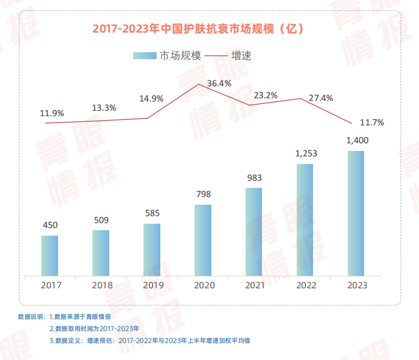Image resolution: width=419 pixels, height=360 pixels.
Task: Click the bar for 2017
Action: tap(49, 256)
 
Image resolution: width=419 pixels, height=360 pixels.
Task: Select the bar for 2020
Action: tap(203, 240)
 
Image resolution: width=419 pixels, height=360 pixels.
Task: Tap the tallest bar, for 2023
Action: tap(356, 213)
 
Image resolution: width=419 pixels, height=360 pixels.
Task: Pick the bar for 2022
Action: tap(305, 220)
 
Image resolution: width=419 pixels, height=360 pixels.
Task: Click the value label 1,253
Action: tap(306, 154)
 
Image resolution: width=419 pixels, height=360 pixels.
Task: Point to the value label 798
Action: tap(203, 194)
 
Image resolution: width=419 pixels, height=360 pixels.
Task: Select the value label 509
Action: tap(101, 220)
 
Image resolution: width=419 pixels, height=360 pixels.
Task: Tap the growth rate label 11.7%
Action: tap(372, 123)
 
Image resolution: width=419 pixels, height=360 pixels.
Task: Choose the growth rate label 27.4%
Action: tap(321, 98)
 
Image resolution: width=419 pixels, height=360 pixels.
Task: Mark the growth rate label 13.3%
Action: tap(104, 108)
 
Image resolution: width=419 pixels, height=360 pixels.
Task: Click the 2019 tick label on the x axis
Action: tap(152, 285)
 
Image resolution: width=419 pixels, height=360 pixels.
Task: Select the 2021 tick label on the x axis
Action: tap(254, 285)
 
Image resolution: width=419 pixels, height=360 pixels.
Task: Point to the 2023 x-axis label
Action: tap(357, 285)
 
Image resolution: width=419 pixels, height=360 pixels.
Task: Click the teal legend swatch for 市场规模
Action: tap(145, 55)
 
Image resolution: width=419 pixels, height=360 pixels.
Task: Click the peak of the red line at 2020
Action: tap(198, 85)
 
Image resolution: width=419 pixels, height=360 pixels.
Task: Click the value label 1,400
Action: tap(357, 141)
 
